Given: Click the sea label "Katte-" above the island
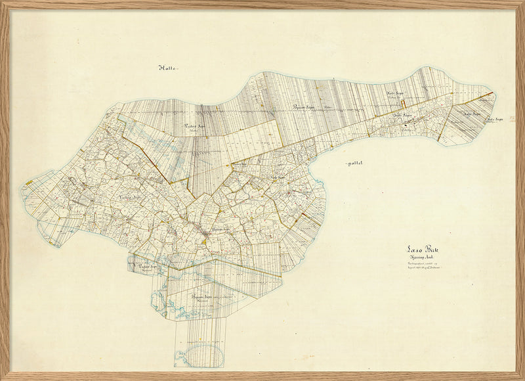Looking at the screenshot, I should [169, 67].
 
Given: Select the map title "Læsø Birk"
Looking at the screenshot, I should [421, 250].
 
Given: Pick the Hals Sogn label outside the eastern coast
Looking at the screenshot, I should [493, 120].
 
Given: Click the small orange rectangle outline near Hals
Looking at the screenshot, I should [406, 102].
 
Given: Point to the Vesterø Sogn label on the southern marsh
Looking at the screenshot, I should [150, 266].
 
